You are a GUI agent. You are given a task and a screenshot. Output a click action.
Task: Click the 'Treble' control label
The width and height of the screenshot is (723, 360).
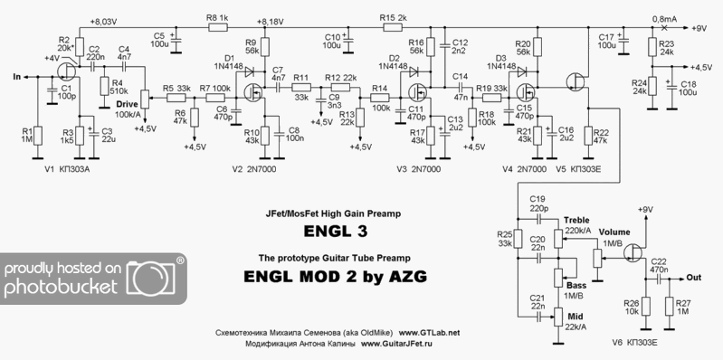(x=576, y=221)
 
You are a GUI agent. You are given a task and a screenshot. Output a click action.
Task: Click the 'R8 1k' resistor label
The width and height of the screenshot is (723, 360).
(x=218, y=16)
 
